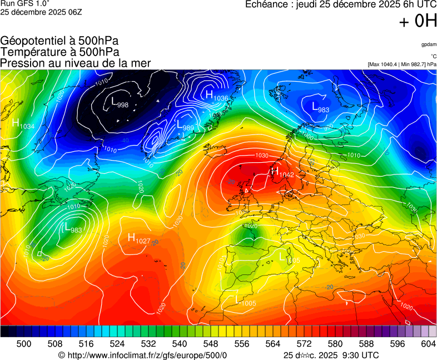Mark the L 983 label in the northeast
tap(320, 107)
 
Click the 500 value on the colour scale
tap(24, 344)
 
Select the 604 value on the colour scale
tap(428, 344)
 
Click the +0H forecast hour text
tap(418, 21)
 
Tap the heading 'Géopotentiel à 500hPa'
tap(59, 41)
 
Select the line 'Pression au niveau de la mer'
tap(76, 63)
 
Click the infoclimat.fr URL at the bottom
tap(143, 355)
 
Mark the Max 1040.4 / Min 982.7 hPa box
tap(402, 64)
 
